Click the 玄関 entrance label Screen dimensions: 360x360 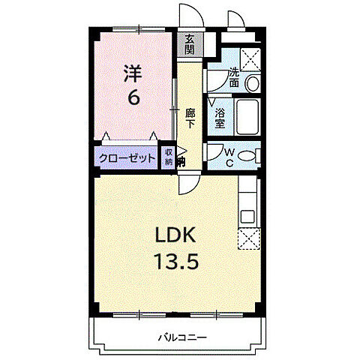click(190, 45)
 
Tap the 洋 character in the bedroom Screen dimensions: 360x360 click(133, 73)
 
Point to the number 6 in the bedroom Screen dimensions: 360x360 click(133, 97)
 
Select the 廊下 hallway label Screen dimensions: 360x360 click(190, 118)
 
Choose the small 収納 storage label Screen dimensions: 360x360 click(169, 157)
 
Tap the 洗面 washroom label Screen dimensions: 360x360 click(234, 76)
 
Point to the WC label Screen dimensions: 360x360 click(231, 156)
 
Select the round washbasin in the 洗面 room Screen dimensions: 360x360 click(253, 82)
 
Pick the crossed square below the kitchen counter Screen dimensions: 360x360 click(248, 238)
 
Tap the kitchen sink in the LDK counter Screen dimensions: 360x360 click(248, 217)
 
